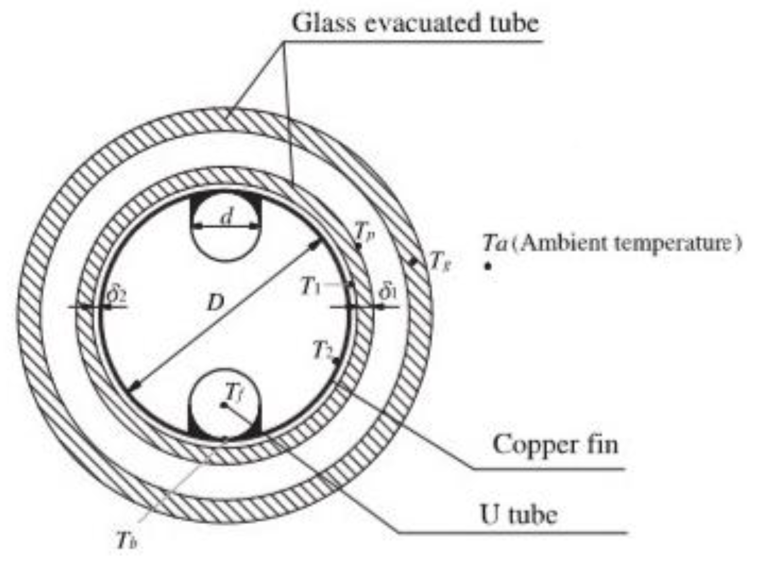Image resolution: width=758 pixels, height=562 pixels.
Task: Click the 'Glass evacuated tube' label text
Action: (x=415, y=23)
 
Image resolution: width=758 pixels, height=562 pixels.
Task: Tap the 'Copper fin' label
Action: (x=555, y=445)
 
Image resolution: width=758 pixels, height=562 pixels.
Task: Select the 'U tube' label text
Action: (x=518, y=514)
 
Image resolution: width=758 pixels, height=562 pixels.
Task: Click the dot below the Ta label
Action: (x=488, y=266)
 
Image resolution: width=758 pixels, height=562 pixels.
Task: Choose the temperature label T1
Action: (x=311, y=286)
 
